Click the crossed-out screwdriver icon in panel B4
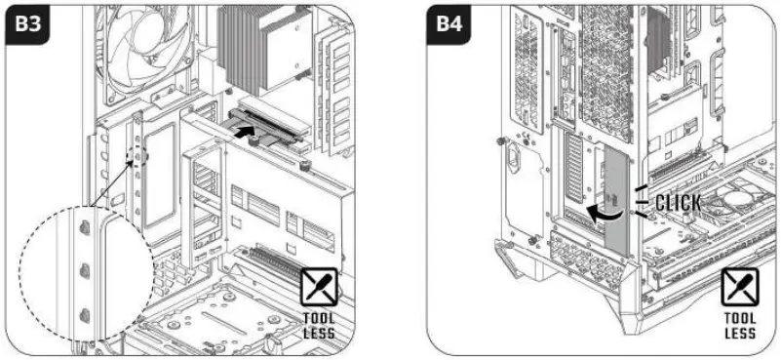[x=739, y=288]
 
